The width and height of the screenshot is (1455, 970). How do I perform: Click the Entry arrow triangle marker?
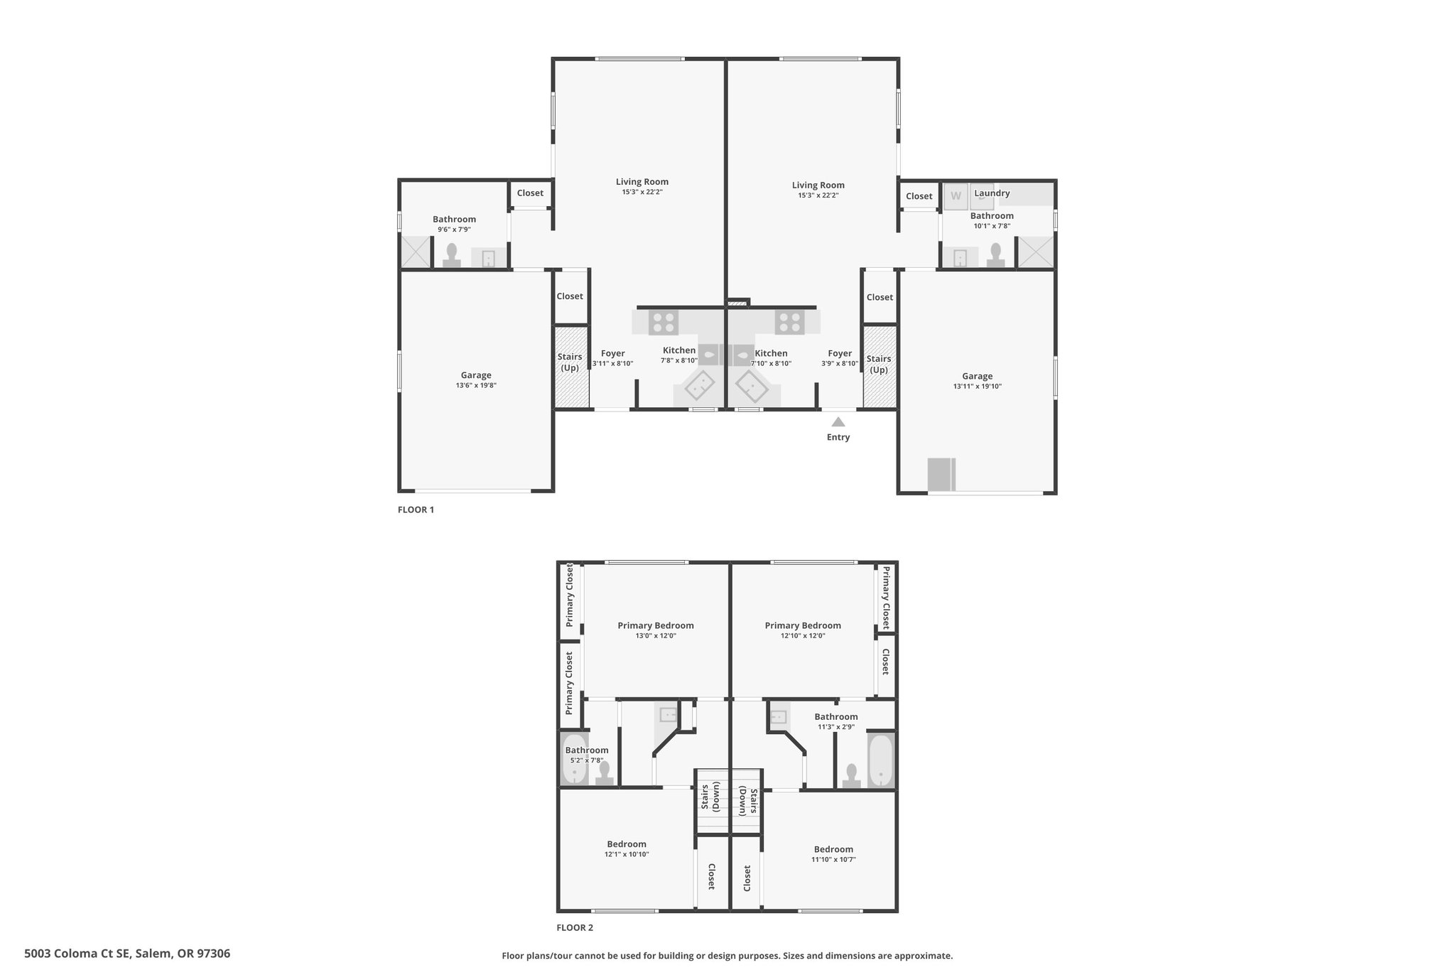click(838, 421)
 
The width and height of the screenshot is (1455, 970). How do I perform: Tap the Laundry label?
click(992, 193)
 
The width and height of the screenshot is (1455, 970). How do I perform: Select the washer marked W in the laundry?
click(956, 196)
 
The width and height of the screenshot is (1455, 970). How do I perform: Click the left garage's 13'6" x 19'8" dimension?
click(476, 386)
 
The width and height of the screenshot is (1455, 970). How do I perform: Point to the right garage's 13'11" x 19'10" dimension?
click(978, 387)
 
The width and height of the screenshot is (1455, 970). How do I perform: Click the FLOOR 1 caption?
click(416, 510)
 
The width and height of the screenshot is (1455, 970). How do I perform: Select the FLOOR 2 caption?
click(575, 927)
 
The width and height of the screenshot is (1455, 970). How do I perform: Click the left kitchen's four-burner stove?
click(664, 323)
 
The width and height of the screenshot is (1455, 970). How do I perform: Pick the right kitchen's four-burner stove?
click(789, 323)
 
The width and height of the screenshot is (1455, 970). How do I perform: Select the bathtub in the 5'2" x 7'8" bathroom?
click(575, 760)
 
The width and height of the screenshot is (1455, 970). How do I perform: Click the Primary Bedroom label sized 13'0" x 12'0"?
click(656, 626)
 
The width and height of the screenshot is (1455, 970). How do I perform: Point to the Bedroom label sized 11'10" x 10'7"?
click(833, 849)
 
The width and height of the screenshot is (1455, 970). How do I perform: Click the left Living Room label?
click(642, 182)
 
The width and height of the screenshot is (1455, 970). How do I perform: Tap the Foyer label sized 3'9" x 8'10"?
click(840, 353)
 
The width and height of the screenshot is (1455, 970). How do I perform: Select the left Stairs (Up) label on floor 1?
click(570, 362)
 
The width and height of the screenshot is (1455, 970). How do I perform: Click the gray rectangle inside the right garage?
click(942, 474)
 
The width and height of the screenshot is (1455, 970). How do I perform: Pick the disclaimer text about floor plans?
click(727, 956)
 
